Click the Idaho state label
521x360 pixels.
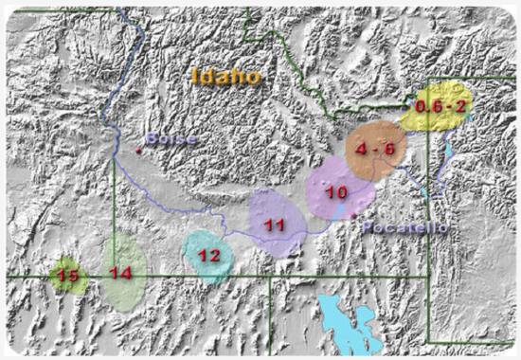(x=225, y=76)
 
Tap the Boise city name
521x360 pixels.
(x=171, y=139)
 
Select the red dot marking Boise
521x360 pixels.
(x=138, y=150)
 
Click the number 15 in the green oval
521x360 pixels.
(x=67, y=276)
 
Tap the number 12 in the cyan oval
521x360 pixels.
(x=209, y=255)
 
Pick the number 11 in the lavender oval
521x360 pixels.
(x=275, y=225)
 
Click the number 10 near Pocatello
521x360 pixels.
(x=335, y=191)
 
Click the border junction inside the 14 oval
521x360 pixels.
(x=116, y=276)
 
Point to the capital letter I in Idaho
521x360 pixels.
(x=195, y=76)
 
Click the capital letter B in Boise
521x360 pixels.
(x=152, y=139)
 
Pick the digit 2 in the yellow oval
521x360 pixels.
(x=459, y=107)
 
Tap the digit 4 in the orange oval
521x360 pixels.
(x=362, y=149)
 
